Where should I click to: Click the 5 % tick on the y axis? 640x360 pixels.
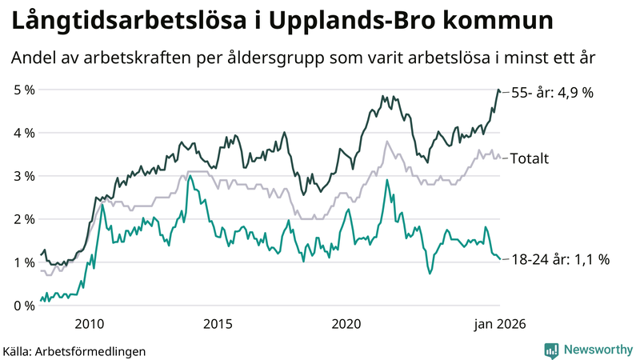(24, 90)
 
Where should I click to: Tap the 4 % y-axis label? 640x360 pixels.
(24, 133)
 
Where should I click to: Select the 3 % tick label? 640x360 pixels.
(24, 176)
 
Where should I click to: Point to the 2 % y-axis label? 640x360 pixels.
(24, 219)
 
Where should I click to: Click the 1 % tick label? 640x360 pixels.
(24, 262)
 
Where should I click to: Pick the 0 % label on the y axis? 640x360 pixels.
(24, 306)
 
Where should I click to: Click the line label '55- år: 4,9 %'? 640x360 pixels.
(552, 93)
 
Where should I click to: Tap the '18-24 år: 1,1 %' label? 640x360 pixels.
(560, 259)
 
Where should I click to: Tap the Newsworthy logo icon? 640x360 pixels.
(551, 350)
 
